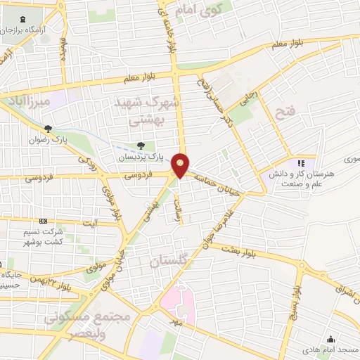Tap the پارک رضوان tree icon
[x=48, y=129]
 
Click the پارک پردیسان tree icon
[x=142, y=146]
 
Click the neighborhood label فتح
[x=285, y=113]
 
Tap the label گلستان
[x=169, y=262]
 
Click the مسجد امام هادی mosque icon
[x=331, y=338]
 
